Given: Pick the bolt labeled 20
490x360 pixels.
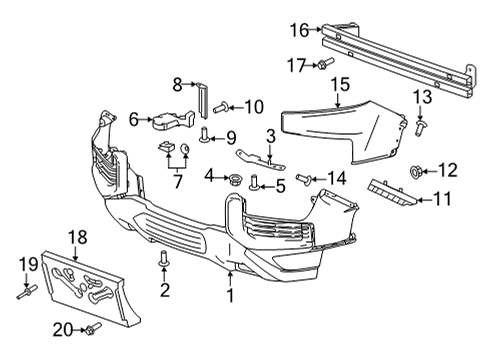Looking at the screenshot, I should pyautogui.click(x=91, y=329).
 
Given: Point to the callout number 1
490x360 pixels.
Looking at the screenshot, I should pyautogui.click(x=230, y=296).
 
